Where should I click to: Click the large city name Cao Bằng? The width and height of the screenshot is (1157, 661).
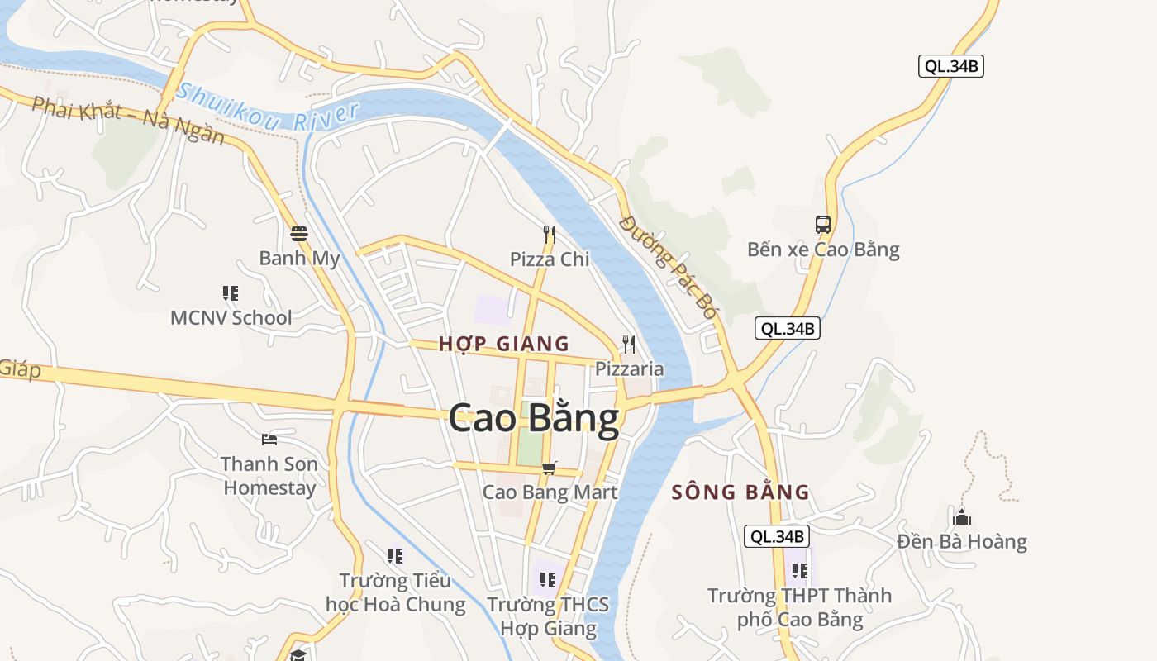(534, 419)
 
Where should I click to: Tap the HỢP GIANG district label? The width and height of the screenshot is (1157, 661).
(503, 344)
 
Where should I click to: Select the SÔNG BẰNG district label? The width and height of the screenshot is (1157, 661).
(740, 493)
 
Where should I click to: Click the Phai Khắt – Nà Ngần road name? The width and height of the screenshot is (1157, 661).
(128, 121)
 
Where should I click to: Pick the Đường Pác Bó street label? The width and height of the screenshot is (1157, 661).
(668, 266)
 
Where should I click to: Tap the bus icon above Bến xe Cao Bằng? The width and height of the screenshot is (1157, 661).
(823, 224)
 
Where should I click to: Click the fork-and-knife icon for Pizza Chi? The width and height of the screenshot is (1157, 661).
(550, 235)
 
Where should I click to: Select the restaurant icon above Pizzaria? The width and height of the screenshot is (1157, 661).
(629, 344)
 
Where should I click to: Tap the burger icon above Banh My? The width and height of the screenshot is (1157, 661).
(299, 234)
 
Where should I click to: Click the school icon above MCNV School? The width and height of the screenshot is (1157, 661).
(231, 292)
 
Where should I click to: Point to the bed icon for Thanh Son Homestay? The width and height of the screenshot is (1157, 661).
(269, 439)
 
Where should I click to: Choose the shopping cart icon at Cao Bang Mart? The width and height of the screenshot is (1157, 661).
(550, 468)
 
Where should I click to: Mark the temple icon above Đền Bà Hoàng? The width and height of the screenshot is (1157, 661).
(962, 518)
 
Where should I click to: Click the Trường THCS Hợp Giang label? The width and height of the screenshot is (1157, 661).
(548, 616)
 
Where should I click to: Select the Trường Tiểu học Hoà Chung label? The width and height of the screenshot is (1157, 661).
(395, 592)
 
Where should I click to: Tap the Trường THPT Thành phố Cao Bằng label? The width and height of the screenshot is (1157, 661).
(800, 607)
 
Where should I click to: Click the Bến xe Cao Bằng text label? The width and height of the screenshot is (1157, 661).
(823, 250)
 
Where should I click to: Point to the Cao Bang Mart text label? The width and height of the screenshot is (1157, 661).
(550, 492)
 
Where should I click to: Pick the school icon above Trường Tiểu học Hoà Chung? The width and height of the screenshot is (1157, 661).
(395, 556)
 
